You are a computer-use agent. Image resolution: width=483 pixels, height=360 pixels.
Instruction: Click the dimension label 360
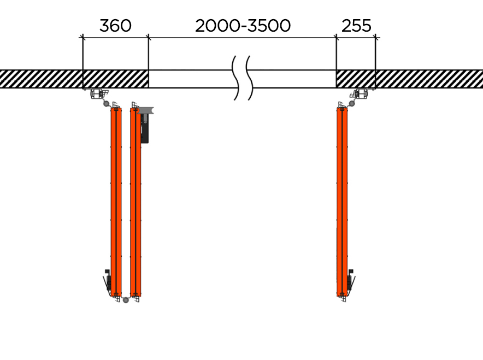coord(115,26)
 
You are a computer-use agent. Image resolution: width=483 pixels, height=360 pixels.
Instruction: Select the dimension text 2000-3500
coord(243,26)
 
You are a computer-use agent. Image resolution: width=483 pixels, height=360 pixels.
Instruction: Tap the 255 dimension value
coord(356,26)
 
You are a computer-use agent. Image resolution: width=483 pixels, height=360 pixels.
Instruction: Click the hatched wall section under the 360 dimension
coord(116,79)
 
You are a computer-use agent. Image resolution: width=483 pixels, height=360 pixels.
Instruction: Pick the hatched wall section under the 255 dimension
coord(356,79)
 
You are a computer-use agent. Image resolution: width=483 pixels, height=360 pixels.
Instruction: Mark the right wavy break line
coord(250,78)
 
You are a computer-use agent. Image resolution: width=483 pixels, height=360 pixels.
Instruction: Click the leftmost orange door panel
coord(116,202)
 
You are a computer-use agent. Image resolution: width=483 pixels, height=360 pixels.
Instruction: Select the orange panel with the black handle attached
coord(136,202)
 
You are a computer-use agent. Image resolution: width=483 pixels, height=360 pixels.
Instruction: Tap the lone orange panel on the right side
coord(342,202)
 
